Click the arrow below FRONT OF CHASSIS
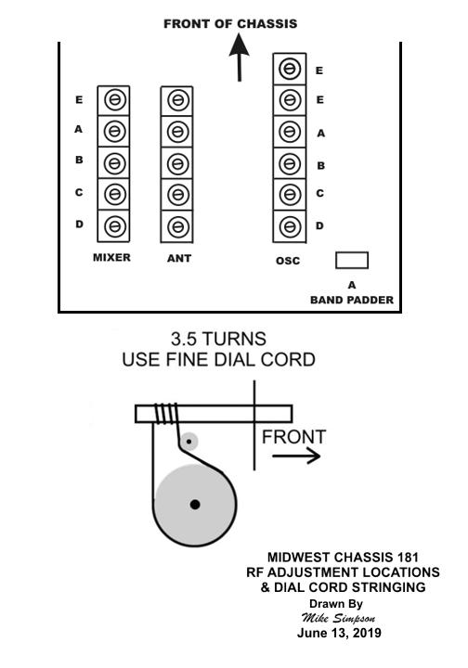tap(240, 58)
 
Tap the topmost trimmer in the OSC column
tap(290, 69)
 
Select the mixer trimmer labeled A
tap(114, 131)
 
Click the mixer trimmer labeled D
tap(114, 225)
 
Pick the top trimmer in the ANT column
tap(176, 100)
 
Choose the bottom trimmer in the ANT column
tap(176, 226)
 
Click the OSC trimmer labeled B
tap(290, 163)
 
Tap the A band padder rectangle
tap(352, 261)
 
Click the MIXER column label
tap(111, 257)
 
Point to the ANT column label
tap(179, 258)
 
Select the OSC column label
tap(288, 261)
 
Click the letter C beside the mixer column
tap(79, 193)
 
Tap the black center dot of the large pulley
tap(195, 505)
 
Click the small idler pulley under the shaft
tap(188, 442)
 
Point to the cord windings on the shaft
tap(166, 414)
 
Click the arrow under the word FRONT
tap(296, 456)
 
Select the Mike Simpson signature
tap(338, 618)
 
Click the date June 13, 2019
tap(339, 633)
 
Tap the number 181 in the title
tap(408, 558)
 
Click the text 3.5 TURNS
tap(218, 340)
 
